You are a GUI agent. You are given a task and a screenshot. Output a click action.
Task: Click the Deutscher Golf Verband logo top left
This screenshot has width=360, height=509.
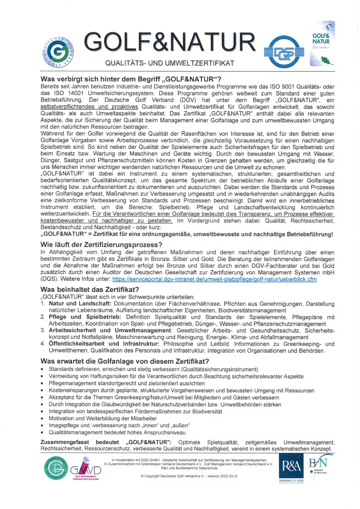point(59,51)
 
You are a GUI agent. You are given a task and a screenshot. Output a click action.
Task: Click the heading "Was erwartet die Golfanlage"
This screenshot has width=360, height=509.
point(124,360)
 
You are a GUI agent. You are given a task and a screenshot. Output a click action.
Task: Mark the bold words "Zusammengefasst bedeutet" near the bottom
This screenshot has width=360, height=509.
point(81,442)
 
